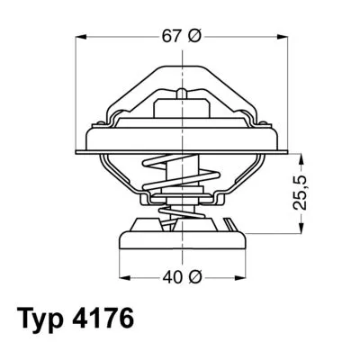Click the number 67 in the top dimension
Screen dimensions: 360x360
[x=170, y=37]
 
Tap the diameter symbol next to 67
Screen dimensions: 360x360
[x=195, y=37]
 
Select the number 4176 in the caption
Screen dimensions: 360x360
[x=112, y=321]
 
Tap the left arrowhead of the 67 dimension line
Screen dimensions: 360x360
[x=82, y=37]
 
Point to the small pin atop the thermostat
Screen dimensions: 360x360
[x=184, y=94]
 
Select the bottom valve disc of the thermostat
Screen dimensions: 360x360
[x=184, y=238]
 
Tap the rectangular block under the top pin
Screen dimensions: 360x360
[x=184, y=112]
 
